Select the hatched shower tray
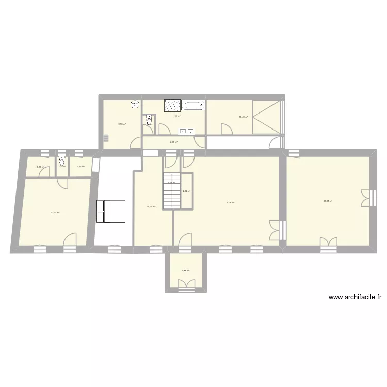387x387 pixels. [x=173, y=105]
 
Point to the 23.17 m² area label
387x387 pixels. [x=55, y=212]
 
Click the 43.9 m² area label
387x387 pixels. [x=231, y=202]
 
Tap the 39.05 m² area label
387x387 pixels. [x=328, y=201]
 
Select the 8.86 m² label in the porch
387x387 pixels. [x=185, y=270]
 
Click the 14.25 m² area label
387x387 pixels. [x=151, y=207]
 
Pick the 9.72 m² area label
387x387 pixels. [x=122, y=124]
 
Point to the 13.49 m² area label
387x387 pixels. [x=243, y=117]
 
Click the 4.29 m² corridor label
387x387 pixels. [x=173, y=142]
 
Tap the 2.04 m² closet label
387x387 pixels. [x=187, y=191]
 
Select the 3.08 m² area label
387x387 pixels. [x=40, y=167]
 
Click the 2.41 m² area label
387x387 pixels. [x=80, y=166]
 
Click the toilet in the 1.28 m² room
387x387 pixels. [x=62, y=160]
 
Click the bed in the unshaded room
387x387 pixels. [x=111, y=212]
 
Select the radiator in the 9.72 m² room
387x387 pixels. [x=106, y=138]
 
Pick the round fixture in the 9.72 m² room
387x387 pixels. [x=135, y=104]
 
